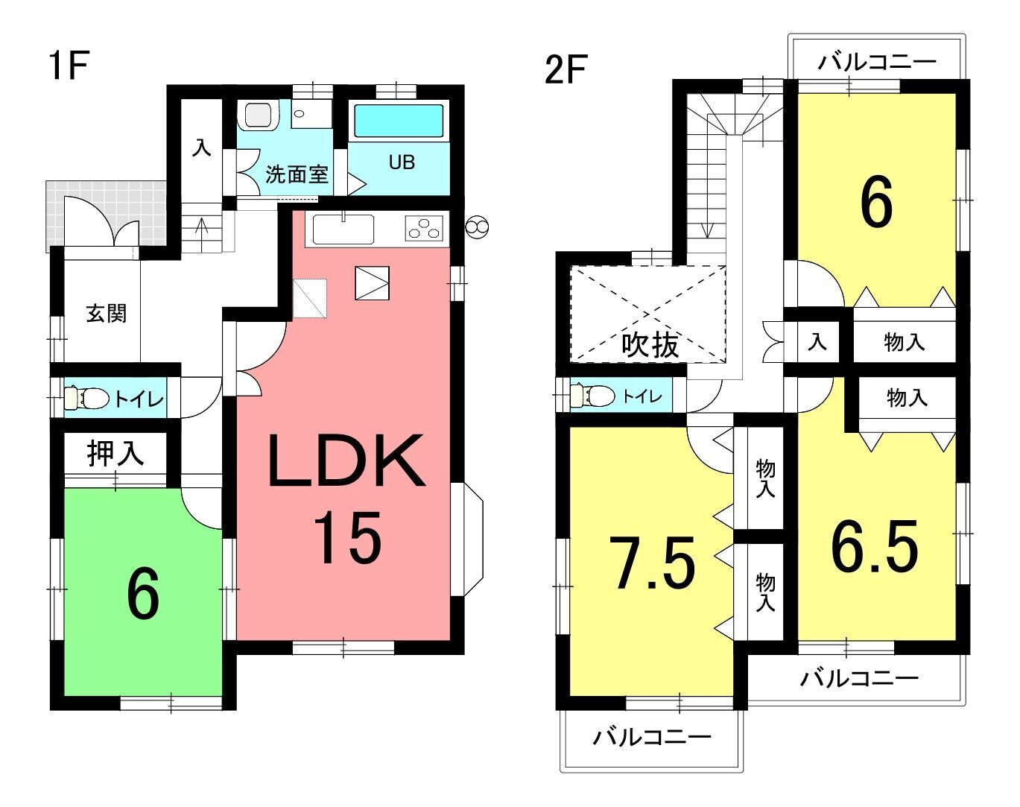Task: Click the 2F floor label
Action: (x=566, y=69)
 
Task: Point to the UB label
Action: (x=402, y=162)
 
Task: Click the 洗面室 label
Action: (x=297, y=174)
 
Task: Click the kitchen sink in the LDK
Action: (x=343, y=230)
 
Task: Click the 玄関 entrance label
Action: (x=106, y=314)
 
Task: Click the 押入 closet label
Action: (x=115, y=453)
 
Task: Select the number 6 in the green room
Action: (x=143, y=594)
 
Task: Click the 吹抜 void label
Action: (x=650, y=345)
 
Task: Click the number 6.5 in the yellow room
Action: (x=875, y=546)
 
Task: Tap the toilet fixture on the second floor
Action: (x=592, y=395)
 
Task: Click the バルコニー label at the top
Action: (x=876, y=62)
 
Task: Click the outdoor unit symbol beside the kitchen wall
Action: (x=476, y=227)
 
